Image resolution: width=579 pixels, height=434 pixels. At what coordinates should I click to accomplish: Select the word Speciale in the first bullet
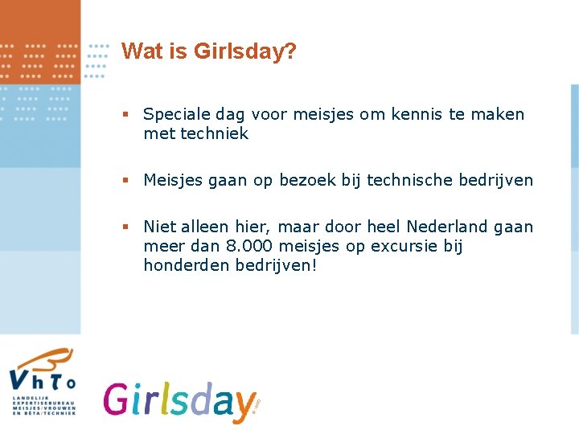point(177,115)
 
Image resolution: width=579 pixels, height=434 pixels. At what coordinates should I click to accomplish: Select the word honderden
point(187,264)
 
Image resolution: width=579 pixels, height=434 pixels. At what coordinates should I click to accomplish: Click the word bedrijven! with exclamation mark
point(277,264)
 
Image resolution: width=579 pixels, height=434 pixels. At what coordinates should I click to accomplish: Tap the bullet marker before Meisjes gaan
point(125,181)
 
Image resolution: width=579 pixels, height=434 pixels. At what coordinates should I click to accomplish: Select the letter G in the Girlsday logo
point(119,399)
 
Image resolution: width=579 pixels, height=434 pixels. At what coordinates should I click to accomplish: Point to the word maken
point(502,115)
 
